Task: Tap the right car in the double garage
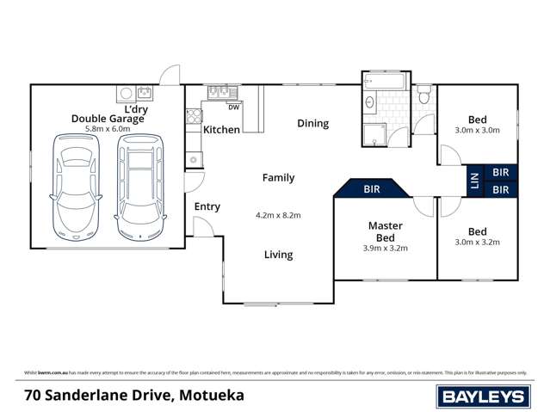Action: (139, 188)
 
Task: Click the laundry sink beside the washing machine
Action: (144, 92)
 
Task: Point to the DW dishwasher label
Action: (233, 108)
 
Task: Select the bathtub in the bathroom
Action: (384, 83)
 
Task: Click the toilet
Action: (423, 96)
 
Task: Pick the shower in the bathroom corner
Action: (374, 134)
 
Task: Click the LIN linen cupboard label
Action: (473, 181)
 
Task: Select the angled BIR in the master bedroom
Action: (373, 188)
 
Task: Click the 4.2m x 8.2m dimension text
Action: (278, 215)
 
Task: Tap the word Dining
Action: (313, 123)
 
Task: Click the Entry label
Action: (207, 206)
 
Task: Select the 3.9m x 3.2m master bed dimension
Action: (385, 248)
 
